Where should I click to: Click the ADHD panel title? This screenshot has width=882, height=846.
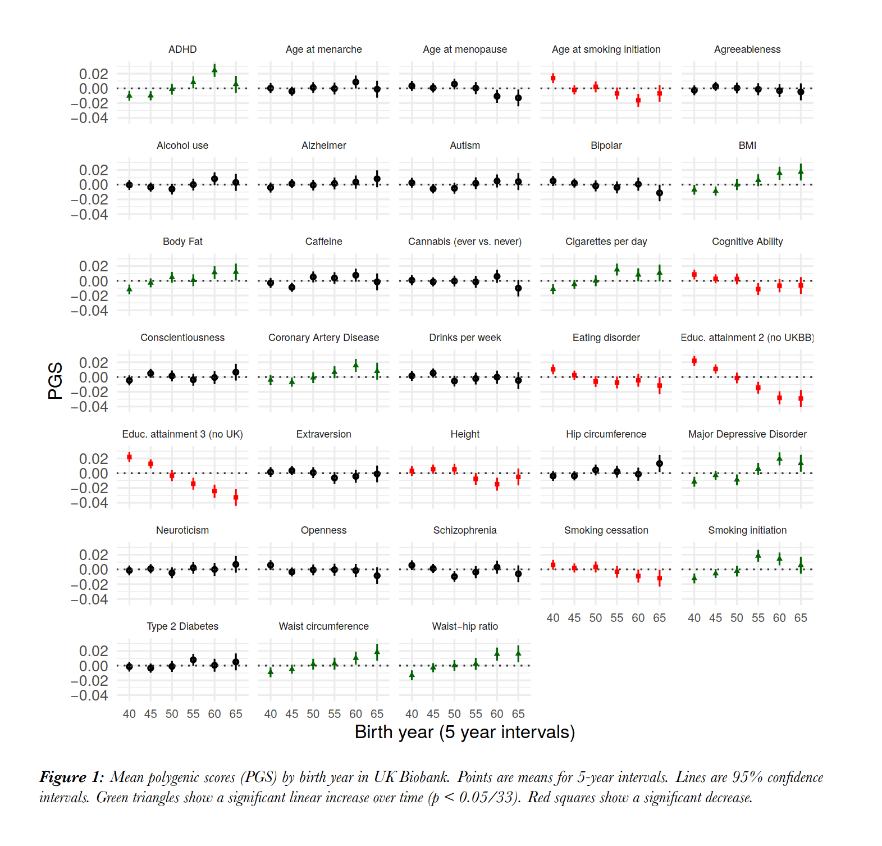[182, 49]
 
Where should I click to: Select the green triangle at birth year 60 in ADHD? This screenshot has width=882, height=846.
[214, 70]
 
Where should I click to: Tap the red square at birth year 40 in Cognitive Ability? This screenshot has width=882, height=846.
[694, 274]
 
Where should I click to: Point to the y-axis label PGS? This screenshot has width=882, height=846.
[55, 380]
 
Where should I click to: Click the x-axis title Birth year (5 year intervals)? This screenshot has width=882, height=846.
[465, 732]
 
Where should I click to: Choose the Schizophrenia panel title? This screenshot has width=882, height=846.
[465, 530]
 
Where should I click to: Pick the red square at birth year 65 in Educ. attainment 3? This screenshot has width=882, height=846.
[236, 497]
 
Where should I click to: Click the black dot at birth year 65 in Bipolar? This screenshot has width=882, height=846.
[660, 193]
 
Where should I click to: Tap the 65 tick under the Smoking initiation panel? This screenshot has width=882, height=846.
[801, 618]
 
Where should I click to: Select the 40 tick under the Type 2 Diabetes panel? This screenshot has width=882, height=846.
[129, 714]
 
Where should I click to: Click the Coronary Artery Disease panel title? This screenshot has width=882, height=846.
[323, 338]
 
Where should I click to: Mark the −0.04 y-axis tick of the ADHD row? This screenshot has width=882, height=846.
[89, 118]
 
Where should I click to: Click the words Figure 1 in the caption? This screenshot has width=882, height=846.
[71, 777]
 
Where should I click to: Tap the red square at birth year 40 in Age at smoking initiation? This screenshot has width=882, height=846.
[553, 78]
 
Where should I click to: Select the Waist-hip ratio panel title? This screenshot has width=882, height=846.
[465, 626]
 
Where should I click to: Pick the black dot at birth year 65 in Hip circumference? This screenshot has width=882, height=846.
[660, 463]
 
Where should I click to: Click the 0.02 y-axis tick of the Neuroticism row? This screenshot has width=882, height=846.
[93, 555]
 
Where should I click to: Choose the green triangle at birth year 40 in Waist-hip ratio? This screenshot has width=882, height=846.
[412, 675]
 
